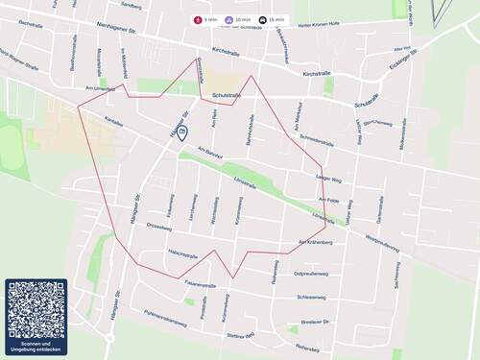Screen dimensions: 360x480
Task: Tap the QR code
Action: (x=36, y=310)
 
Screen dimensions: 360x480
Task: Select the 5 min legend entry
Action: (x=205, y=19)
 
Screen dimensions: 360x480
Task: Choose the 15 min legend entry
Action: (x=272, y=19)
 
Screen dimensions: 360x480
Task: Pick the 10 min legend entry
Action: (x=238, y=19)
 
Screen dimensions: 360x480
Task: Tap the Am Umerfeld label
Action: (x=99, y=88)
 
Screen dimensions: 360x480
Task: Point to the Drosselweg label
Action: (x=158, y=228)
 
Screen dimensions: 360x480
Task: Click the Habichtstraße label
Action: (x=182, y=255)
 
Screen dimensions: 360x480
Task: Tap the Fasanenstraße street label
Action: (x=202, y=284)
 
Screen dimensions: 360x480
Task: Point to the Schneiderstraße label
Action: (x=317, y=140)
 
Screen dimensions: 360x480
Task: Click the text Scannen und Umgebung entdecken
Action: (x=36, y=347)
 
